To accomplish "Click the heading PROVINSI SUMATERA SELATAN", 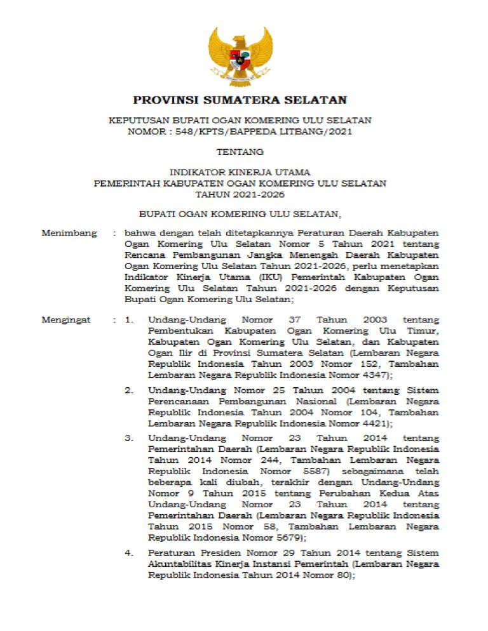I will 240,100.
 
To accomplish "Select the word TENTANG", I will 240,152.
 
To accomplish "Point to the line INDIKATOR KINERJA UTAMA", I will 240,173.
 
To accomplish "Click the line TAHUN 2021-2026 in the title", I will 240,194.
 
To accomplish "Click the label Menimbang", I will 69,233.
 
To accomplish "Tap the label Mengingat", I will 66,320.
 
